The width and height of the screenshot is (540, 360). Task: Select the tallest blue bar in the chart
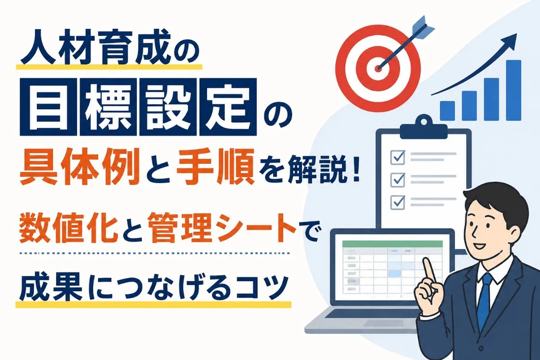point(513,90)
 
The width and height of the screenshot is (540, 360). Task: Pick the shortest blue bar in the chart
point(447,111)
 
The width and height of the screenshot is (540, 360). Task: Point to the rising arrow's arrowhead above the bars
point(511,40)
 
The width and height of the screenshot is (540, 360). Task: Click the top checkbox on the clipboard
point(397,157)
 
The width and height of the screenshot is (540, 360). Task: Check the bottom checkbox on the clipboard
point(397,202)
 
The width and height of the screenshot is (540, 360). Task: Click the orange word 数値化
point(67,228)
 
